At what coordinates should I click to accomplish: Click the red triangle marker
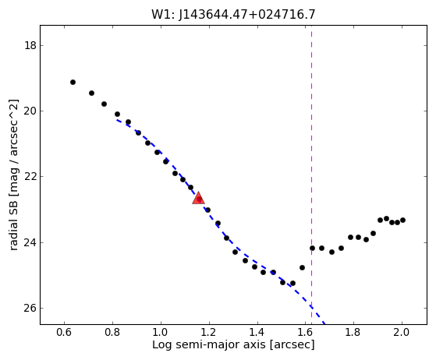(x=199, y=198)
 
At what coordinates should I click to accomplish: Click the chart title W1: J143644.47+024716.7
(x=233, y=15)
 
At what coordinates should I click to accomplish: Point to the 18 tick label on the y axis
(x=30, y=45)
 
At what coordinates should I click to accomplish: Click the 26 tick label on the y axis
(x=30, y=309)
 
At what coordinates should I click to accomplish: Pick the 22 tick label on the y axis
(x=30, y=177)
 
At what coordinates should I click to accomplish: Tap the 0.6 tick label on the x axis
(x=64, y=332)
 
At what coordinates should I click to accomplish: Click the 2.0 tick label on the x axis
(x=402, y=332)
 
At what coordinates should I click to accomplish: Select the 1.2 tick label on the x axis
(x=209, y=332)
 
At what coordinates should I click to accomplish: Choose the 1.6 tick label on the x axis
(x=305, y=332)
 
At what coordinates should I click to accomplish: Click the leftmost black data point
(x=73, y=83)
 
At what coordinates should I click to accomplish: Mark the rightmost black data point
(x=402, y=220)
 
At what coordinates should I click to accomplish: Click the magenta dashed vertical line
(x=311, y=175)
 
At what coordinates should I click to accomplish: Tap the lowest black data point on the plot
(x=292, y=284)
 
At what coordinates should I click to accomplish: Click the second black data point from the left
(x=91, y=93)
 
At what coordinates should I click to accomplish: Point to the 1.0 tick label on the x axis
(x=161, y=332)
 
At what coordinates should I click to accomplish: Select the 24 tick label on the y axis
(x=30, y=242)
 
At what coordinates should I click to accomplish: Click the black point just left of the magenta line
(x=303, y=268)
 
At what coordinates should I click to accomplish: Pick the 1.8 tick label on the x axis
(x=353, y=332)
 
